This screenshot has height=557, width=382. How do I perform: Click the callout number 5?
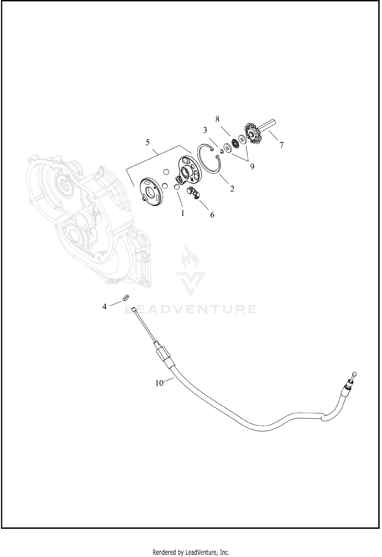(x=148, y=143)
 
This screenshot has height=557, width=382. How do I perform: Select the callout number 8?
(x=217, y=119)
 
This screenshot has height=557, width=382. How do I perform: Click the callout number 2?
(x=232, y=189)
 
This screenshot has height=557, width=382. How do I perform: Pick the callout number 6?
(x=212, y=215)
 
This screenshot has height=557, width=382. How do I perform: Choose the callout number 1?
(x=183, y=213)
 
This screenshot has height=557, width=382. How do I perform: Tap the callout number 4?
(x=104, y=307)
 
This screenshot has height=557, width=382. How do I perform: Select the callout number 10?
(x=159, y=390)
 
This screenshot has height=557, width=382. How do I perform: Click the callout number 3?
(x=205, y=130)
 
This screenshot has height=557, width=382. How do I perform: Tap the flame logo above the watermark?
(x=191, y=270)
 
